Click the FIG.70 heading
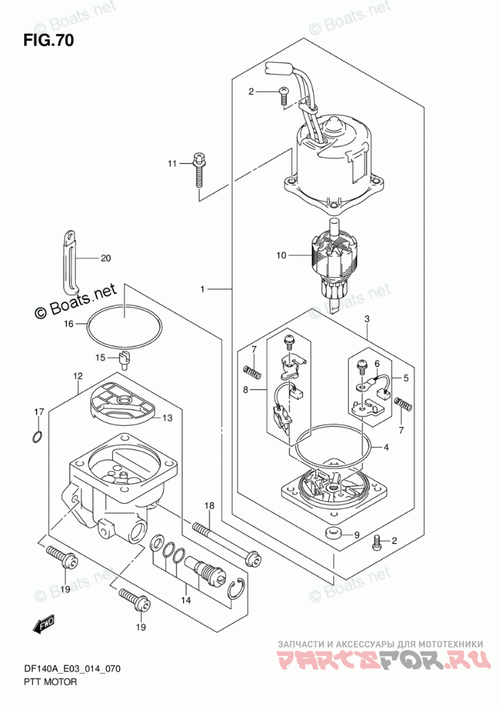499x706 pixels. coord(49,41)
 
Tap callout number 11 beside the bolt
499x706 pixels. coord(172,164)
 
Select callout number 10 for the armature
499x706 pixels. coord(281,255)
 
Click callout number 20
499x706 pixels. coord(105,258)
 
